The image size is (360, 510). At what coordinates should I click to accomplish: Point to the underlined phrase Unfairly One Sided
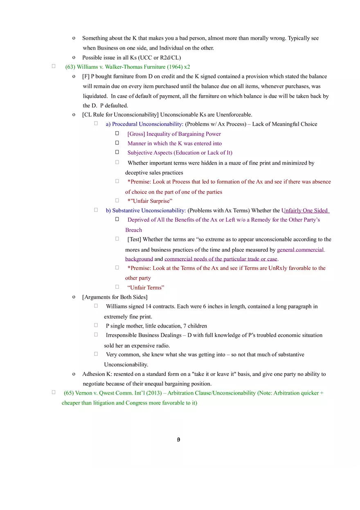click(305, 211)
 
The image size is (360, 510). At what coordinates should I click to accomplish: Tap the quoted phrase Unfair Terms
click(146, 288)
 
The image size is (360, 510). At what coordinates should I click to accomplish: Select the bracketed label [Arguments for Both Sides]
click(115, 297)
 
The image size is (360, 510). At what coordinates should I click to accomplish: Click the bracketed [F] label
click(86, 76)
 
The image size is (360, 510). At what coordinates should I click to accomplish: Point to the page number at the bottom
click(178, 440)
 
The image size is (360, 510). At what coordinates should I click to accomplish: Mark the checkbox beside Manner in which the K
click(117, 143)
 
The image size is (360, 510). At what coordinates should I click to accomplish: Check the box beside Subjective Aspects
click(117, 152)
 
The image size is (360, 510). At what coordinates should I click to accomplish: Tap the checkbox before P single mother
click(96, 325)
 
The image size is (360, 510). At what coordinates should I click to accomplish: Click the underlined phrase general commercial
click(300, 250)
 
